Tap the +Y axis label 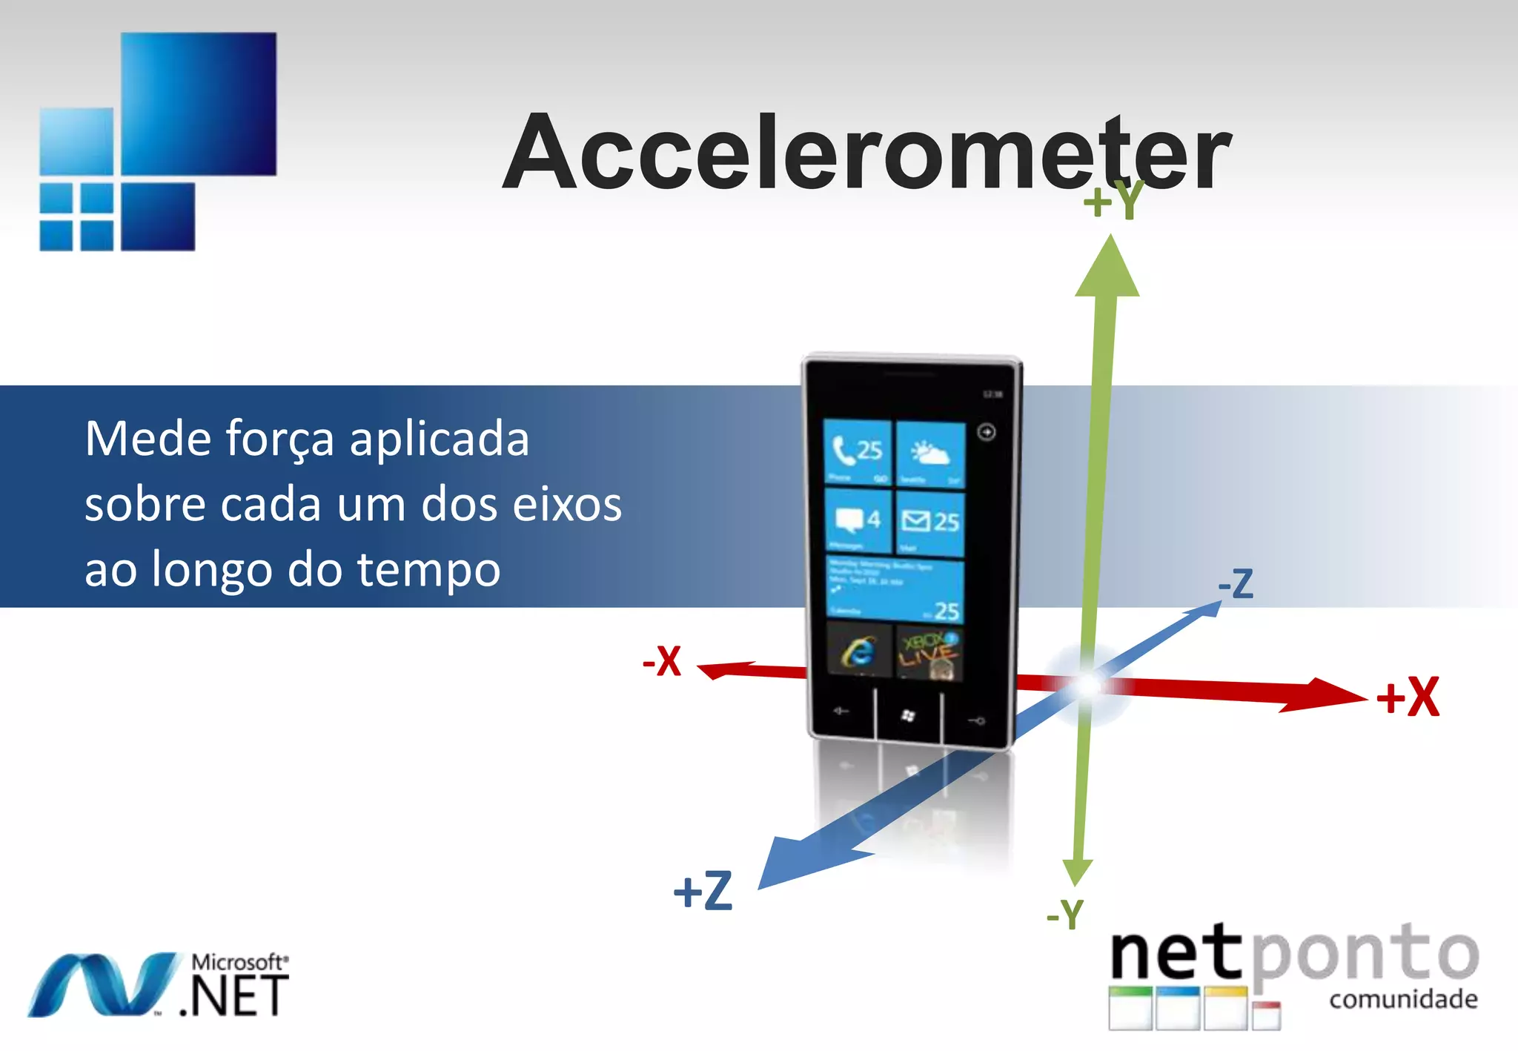1113,201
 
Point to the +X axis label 1408,697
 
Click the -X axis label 662,660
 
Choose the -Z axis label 1236,584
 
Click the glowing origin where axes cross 1087,685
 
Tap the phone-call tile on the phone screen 858,452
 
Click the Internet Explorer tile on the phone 858,651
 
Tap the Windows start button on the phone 908,715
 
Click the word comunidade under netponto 1403,999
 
